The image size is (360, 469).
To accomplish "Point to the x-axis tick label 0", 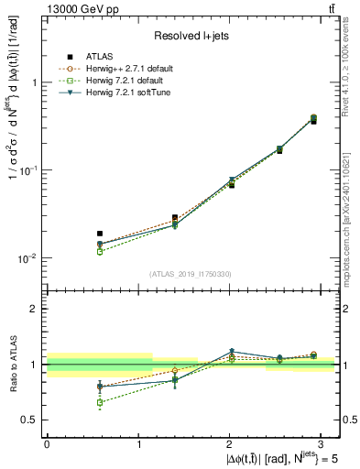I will (47, 442).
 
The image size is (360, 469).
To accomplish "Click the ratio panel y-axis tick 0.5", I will (31, 420).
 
